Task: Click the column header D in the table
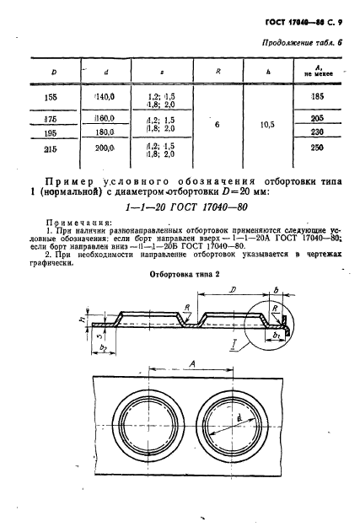pos(53,72)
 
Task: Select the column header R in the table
pos(218,72)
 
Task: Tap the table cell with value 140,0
pos(106,97)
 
